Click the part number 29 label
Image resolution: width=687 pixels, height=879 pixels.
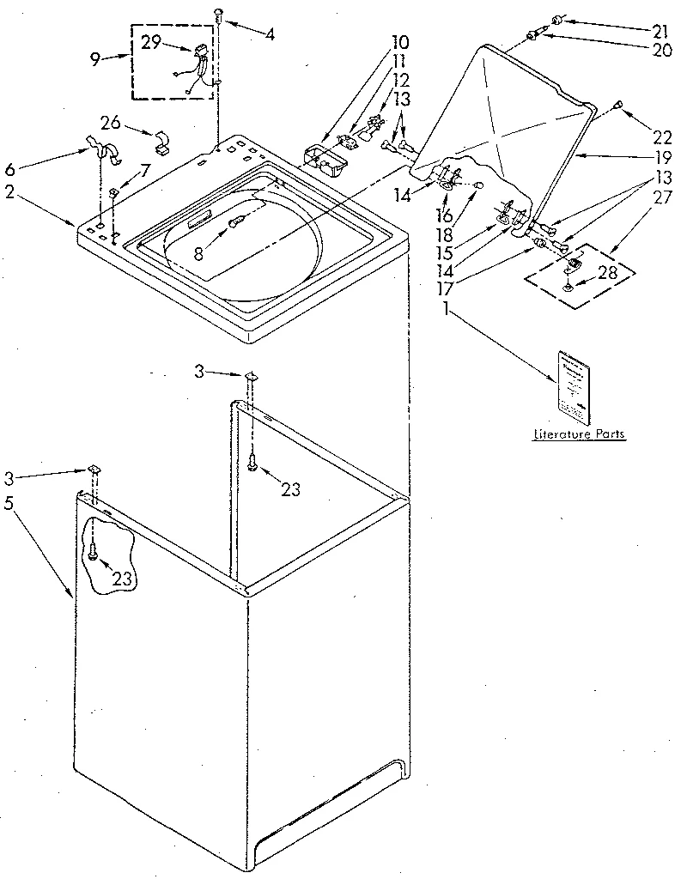click(152, 42)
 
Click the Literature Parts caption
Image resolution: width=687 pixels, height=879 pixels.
click(579, 435)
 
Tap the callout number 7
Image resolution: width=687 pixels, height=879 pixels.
click(145, 171)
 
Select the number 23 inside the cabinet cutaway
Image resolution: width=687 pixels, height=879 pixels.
click(122, 579)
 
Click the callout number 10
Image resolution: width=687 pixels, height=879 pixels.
click(376, 40)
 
